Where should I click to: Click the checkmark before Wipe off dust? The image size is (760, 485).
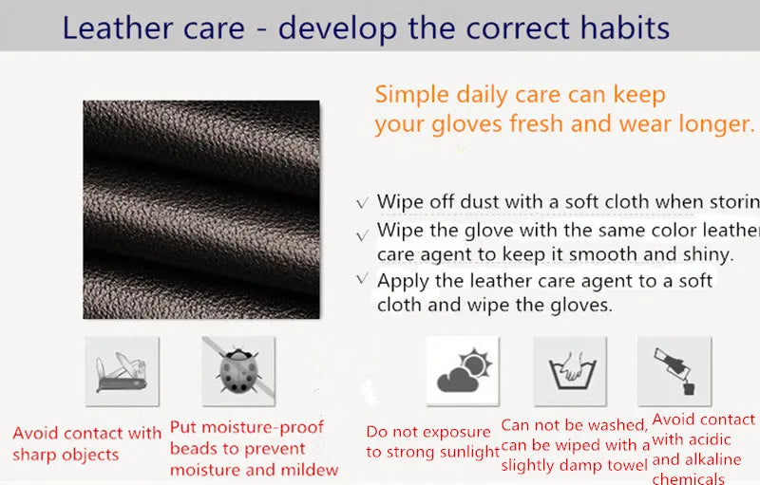tap(362, 203)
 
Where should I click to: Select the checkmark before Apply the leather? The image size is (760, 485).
tap(362, 280)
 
